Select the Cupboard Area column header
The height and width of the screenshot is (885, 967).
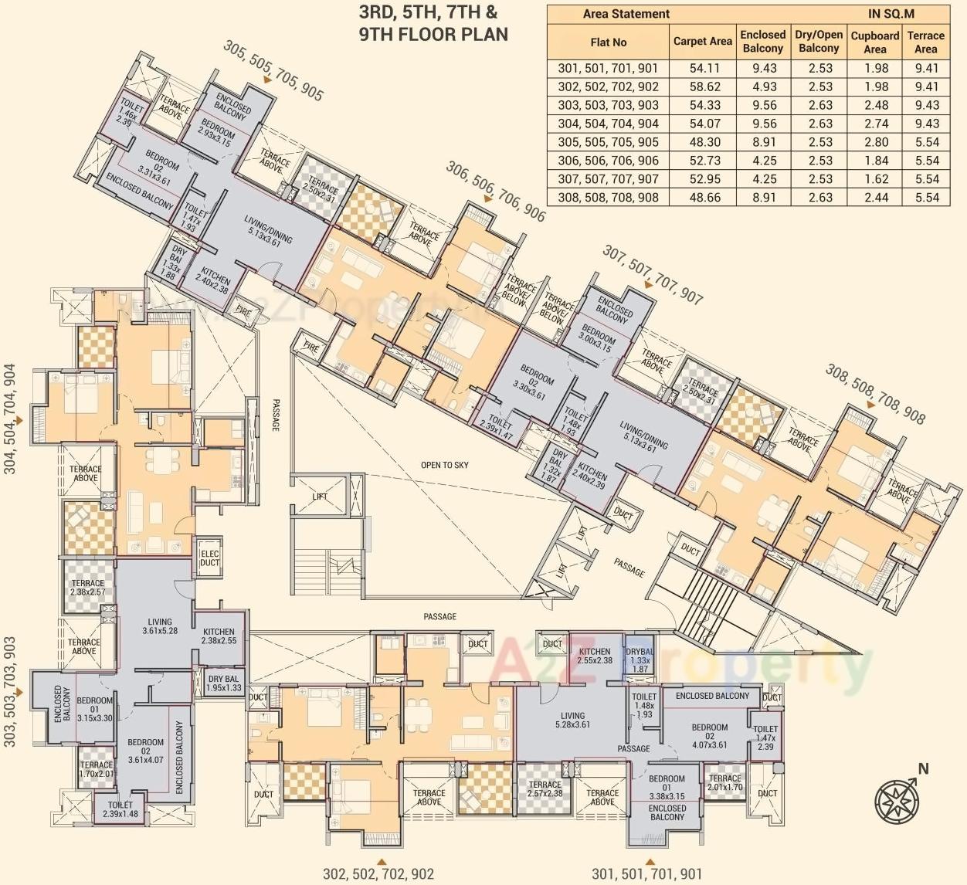(874, 42)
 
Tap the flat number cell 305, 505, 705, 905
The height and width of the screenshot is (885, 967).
(608, 142)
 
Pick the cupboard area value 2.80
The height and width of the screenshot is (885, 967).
(875, 142)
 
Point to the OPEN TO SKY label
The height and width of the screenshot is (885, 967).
(444, 465)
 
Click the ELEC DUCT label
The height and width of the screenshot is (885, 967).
(209, 558)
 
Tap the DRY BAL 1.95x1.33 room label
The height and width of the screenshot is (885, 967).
(224, 683)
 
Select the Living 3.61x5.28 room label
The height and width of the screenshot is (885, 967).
(160, 626)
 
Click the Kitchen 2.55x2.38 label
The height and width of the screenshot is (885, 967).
(595, 656)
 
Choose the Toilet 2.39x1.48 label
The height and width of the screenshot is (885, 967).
(120, 809)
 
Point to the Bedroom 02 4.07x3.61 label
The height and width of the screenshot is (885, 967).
(709, 736)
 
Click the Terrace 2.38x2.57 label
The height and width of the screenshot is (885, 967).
(87, 588)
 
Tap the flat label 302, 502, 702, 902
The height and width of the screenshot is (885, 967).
(378, 873)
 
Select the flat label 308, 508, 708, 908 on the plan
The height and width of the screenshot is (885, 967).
(874, 394)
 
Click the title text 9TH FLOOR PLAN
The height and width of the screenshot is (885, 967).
(433, 34)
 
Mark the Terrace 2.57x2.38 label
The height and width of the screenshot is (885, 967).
(545, 788)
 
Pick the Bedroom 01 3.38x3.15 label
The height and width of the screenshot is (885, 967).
(667, 788)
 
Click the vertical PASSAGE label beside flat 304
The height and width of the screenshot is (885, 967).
(276, 415)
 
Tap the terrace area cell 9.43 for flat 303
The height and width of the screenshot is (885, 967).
(926, 105)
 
